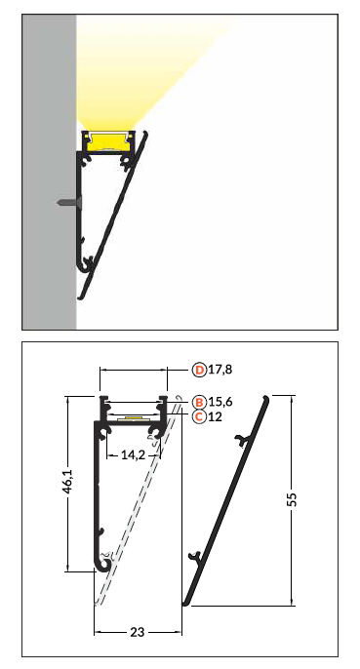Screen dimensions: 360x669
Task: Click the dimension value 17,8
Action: click(220, 370)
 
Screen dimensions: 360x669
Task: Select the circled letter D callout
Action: click(199, 370)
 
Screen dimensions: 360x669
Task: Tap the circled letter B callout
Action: click(199, 402)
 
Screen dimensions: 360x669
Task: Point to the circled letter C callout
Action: click(199, 416)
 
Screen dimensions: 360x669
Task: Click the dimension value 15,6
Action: click(220, 402)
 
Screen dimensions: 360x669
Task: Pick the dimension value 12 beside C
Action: click(216, 416)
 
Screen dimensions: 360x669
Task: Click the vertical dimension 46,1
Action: click(68, 482)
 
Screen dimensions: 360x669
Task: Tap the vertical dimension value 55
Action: click(292, 499)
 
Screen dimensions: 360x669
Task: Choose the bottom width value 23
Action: click(138, 632)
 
